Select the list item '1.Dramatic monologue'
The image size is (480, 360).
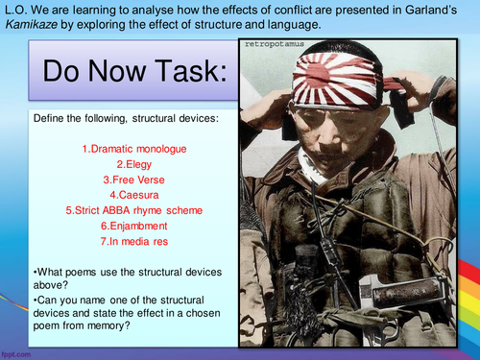119,149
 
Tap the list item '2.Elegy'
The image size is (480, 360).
119,163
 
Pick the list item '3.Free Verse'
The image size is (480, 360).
119,179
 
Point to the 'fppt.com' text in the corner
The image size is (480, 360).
17,353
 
